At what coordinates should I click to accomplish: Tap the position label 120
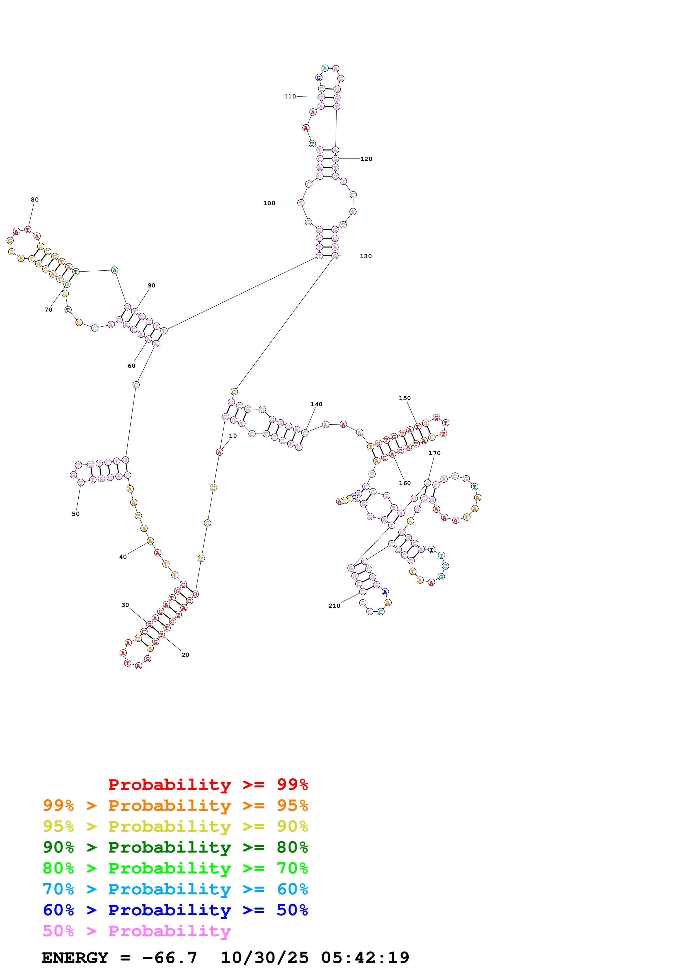point(366,159)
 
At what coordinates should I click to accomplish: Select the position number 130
point(366,256)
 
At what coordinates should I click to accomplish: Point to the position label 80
point(35,199)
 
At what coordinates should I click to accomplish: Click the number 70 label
point(49,310)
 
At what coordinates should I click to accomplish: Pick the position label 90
point(151,285)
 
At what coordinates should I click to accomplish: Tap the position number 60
point(132,365)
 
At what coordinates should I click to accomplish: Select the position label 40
point(123,557)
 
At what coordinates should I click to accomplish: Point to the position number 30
point(125,605)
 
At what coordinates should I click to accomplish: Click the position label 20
point(185,655)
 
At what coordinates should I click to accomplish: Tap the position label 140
point(316,404)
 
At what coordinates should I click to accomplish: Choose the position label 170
point(435,453)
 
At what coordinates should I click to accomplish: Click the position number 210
point(334,606)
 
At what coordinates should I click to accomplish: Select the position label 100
point(269,203)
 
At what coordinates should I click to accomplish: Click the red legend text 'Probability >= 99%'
point(208,784)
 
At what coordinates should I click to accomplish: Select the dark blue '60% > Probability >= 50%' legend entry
point(175,910)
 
